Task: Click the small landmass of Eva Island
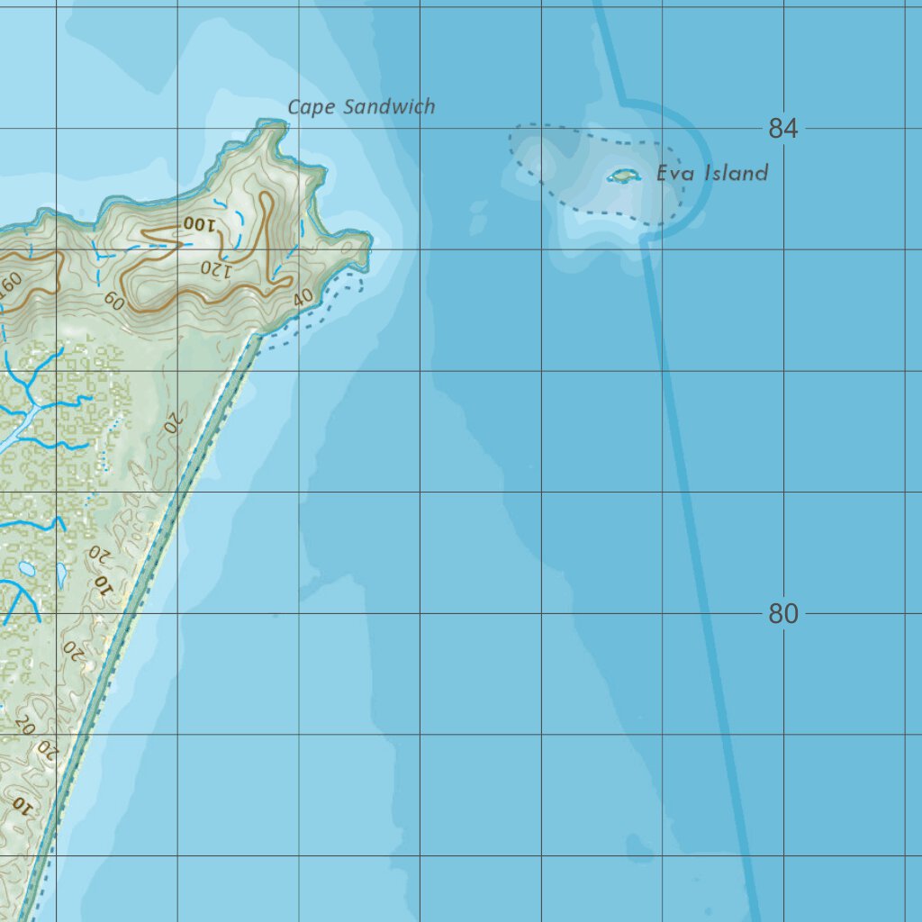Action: (x=623, y=175)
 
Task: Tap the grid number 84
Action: (x=783, y=129)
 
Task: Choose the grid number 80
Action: (x=783, y=614)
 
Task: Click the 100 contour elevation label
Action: (x=199, y=224)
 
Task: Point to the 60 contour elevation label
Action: (x=114, y=302)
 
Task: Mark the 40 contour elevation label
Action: (x=303, y=297)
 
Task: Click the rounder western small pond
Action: (x=26, y=570)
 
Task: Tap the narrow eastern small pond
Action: (x=61, y=574)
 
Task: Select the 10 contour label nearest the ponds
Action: (x=104, y=586)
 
